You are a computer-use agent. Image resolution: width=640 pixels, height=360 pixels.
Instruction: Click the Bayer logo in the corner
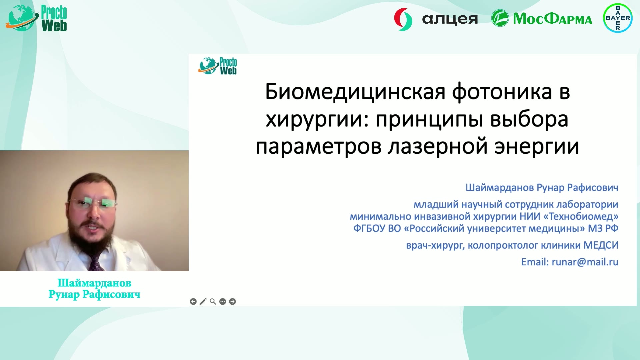pos(618,18)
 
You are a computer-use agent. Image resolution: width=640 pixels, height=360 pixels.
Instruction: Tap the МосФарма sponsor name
pos(553,19)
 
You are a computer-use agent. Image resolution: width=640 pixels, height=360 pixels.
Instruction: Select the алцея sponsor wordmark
pos(450,19)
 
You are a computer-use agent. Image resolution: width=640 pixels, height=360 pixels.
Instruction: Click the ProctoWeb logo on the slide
pos(217,66)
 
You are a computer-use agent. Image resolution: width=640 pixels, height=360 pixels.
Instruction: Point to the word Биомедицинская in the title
pos(355,92)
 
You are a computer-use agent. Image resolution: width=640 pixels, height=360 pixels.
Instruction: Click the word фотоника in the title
pos(502,92)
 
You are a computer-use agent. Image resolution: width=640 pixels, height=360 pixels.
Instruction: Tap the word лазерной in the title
pos(438,147)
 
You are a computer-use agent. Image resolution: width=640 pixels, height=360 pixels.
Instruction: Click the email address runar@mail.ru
pos(585,262)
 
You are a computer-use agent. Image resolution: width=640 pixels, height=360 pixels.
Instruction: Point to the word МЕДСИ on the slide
pos(601,245)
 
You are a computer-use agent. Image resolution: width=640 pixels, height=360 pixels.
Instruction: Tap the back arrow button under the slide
pos(193,302)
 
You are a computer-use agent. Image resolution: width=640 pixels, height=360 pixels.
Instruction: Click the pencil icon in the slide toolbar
pos(203,302)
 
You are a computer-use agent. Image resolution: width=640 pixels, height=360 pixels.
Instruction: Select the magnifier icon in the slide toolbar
pos(213,302)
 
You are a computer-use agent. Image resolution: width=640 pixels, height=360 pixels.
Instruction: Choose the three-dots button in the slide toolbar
pos(223,302)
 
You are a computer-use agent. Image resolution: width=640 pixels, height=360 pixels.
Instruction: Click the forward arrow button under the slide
pos(233,302)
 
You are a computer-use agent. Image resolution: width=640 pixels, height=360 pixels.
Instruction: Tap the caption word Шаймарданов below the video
pos(94,283)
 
